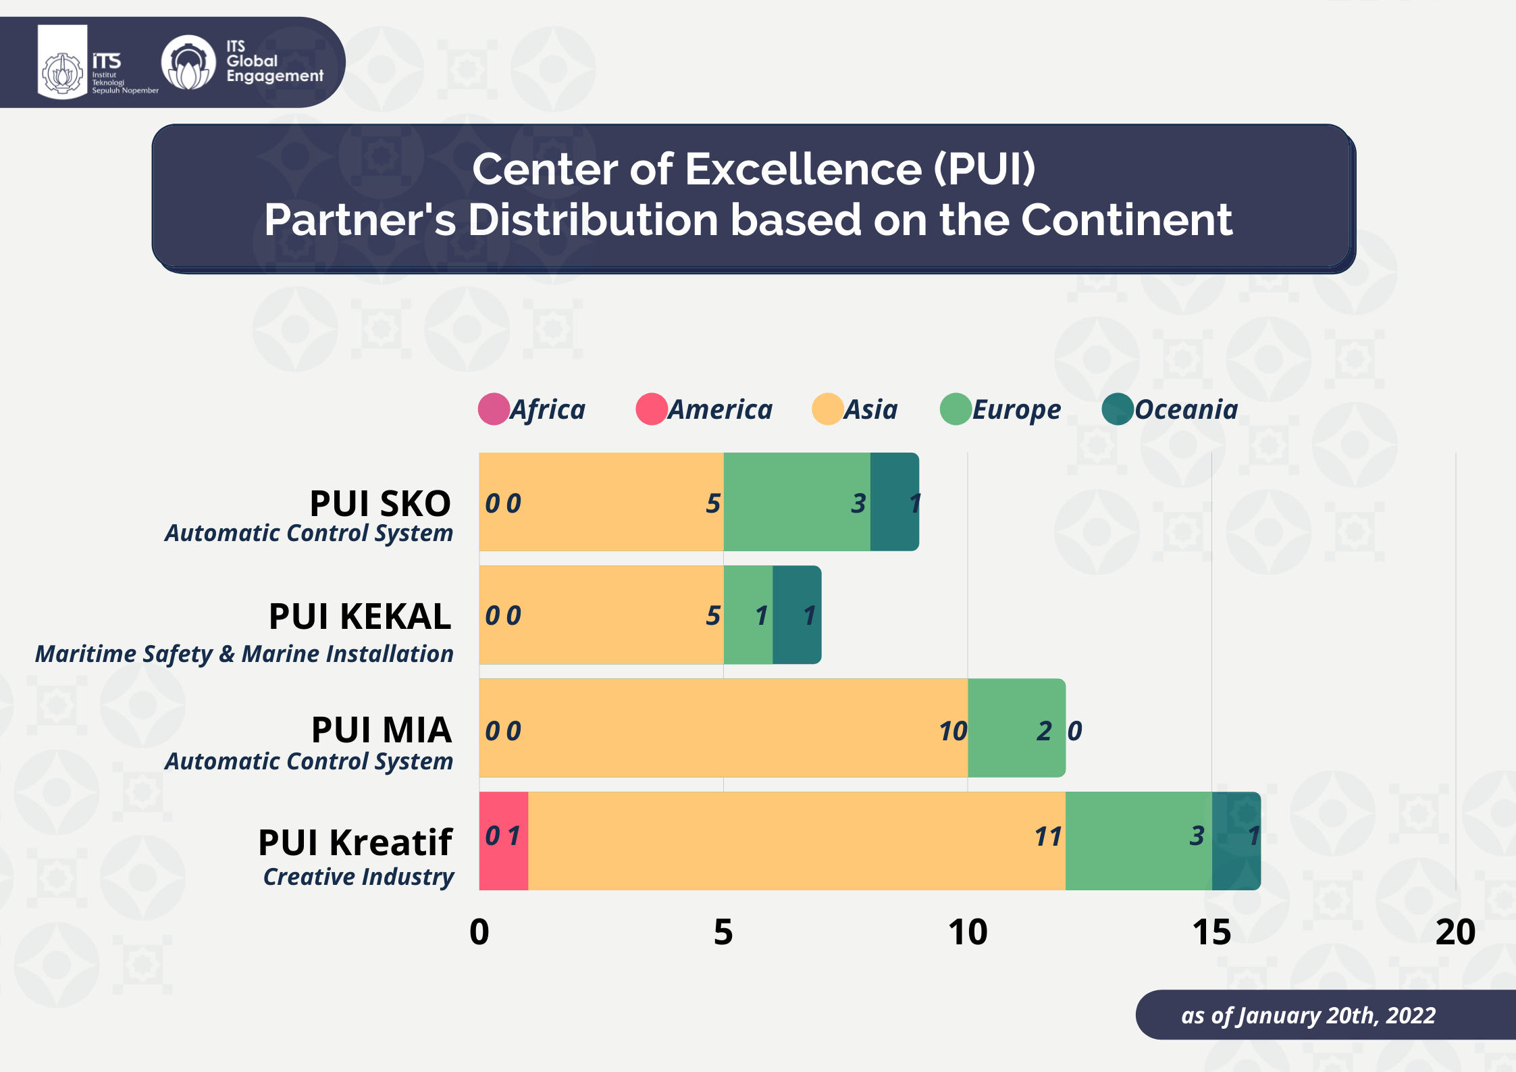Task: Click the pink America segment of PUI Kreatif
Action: click(503, 841)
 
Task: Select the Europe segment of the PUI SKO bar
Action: click(797, 502)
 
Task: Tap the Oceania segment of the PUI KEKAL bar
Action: click(797, 615)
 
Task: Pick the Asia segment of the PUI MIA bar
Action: click(723, 728)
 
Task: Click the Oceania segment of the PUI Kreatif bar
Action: click(1236, 841)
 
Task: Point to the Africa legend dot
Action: click(494, 409)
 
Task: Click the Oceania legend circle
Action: click(1118, 409)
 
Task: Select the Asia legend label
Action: click(871, 409)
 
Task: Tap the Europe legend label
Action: click(1016, 409)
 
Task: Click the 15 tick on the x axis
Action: click(1211, 932)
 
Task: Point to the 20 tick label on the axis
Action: click(1455, 932)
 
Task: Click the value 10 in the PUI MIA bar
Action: click(953, 731)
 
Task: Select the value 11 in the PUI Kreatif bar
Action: click(1048, 837)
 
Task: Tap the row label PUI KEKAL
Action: click(360, 616)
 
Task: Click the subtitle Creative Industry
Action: click(359, 876)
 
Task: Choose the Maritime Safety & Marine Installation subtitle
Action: click(244, 654)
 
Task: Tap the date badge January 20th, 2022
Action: click(1308, 1015)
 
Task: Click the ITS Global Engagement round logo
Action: click(188, 63)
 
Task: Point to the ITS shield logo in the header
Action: click(62, 63)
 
